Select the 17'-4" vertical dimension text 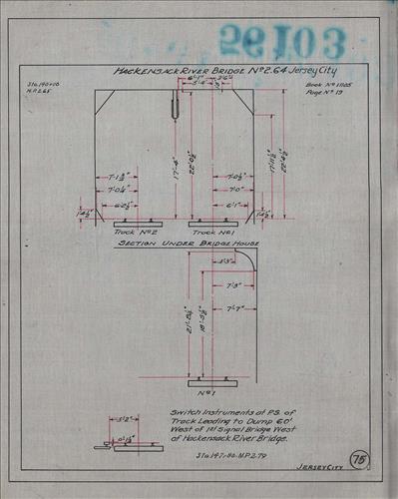click(175, 161)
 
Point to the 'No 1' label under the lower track click(208, 391)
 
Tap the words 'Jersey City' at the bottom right click(316, 466)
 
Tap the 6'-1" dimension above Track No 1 click(231, 206)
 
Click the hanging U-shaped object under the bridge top click(177, 106)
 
